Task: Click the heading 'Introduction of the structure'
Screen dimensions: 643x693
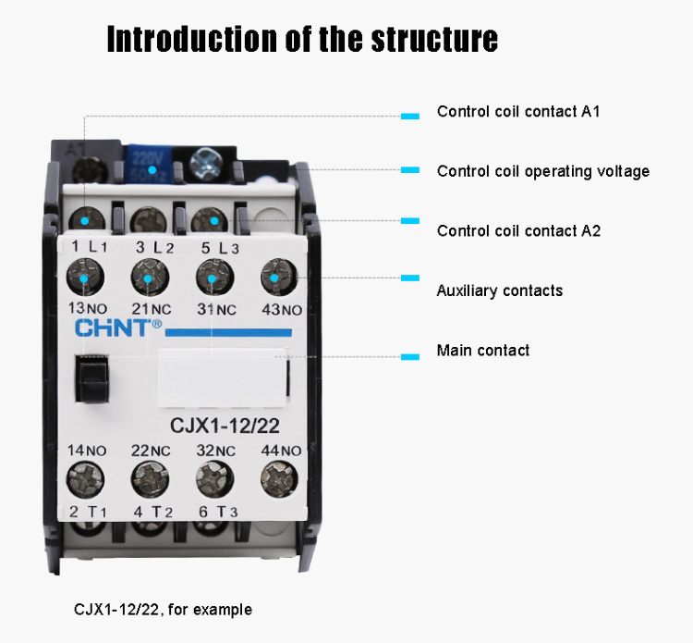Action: pyautogui.click(x=302, y=40)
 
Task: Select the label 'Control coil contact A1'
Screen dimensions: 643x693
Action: pyautogui.click(x=518, y=112)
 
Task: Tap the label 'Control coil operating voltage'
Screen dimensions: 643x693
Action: pyautogui.click(x=542, y=171)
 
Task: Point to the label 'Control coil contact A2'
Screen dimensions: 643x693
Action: pyautogui.click(x=518, y=230)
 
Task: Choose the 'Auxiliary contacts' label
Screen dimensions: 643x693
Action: pyautogui.click(x=499, y=291)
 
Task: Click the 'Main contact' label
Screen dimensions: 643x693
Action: pyautogui.click(x=482, y=351)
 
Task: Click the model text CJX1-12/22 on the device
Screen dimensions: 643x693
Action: pyautogui.click(x=225, y=426)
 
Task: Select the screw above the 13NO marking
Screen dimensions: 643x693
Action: pyautogui.click(x=85, y=278)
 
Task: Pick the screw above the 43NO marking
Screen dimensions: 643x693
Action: pyautogui.click(x=275, y=277)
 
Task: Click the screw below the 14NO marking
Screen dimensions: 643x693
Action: pyautogui.click(x=85, y=478)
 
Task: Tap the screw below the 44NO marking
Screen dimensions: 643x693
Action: pyautogui.click(x=275, y=478)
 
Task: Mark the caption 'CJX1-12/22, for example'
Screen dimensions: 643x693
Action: pyautogui.click(x=163, y=610)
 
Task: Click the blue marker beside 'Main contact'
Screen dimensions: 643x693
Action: pyautogui.click(x=410, y=356)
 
